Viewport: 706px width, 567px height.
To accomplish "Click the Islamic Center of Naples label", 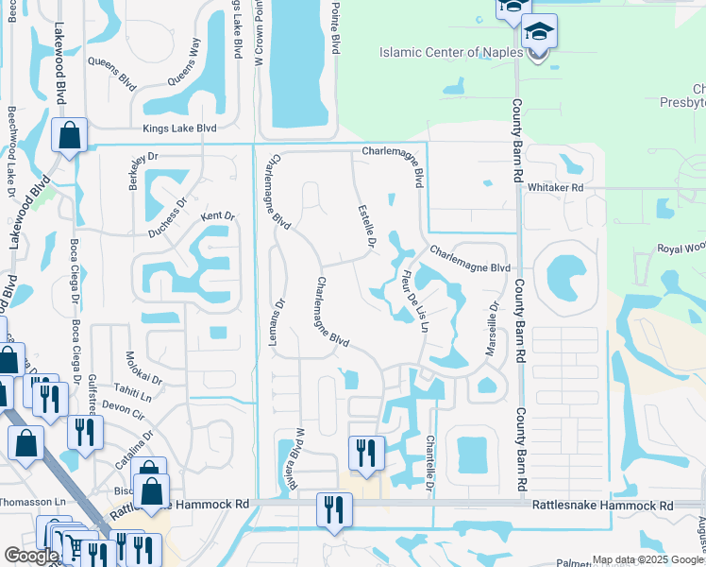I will tap(451, 52).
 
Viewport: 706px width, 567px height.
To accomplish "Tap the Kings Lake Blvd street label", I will tap(179, 129).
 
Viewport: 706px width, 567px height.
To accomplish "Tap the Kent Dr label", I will tap(217, 216).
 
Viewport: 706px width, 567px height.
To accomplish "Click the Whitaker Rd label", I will tap(558, 188).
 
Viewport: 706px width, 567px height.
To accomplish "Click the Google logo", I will tap(30, 556).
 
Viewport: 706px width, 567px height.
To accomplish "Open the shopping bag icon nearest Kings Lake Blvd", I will tap(70, 136).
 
